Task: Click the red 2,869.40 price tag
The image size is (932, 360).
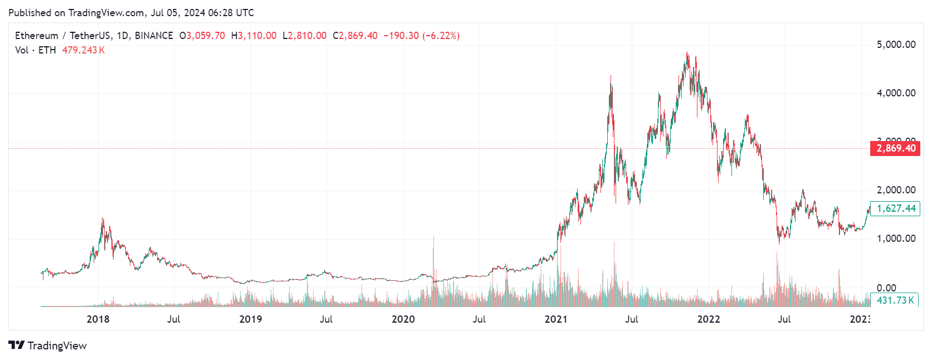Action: pos(895,148)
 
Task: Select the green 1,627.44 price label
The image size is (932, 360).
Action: pos(895,208)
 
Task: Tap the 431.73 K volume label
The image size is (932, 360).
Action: pos(895,300)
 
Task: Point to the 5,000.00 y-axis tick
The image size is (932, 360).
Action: pos(896,45)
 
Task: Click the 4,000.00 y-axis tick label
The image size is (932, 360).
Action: pos(896,93)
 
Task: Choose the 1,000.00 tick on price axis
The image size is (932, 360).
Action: pos(896,239)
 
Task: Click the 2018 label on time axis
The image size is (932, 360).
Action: pos(98,319)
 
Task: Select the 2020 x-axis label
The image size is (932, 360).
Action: pos(403,319)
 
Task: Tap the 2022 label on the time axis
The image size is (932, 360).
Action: pos(708,319)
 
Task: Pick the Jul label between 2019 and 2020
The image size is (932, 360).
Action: pos(326,319)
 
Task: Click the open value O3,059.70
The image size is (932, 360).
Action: pos(202,36)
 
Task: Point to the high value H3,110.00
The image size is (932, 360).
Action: pos(253,36)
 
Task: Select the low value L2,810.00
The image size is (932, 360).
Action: pos(304,36)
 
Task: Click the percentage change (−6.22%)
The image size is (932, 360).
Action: pos(441,36)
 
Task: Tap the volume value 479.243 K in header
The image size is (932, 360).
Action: pos(83,50)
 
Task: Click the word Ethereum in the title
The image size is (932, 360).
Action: pos(36,36)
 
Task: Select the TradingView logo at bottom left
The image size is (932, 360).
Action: pos(47,346)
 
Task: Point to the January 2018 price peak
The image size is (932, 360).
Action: pos(103,219)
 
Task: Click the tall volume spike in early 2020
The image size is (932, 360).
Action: pos(433,239)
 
